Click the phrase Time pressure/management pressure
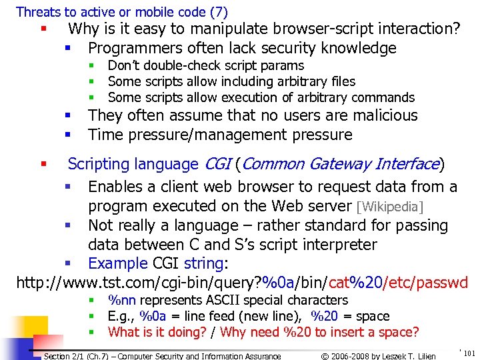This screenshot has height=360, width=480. [220, 135]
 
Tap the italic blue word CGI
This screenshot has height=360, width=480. [217, 164]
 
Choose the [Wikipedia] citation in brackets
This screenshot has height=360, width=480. [391, 207]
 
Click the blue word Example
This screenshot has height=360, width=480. [117, 263]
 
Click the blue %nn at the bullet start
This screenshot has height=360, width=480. [121, 301]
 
